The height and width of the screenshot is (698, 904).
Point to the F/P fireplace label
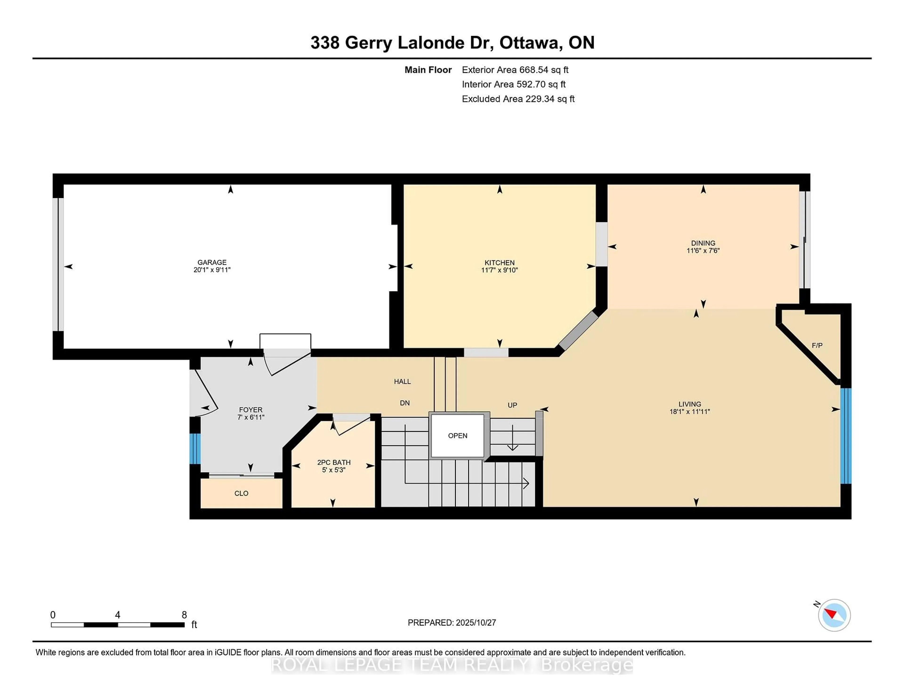pyautogui.click(x=817, y=345)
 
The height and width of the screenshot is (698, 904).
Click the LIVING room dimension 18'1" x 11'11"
pyautogui.click(x=690, y=412)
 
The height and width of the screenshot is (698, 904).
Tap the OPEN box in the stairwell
pyautogui.click(x=457, y=435)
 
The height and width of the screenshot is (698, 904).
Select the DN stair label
pyautogui.click(x=404, y=403)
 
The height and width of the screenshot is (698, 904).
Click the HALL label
pyautogui.click(x=402, y=381)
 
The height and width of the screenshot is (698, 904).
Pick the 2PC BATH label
pyautogui.click(x=334, y=462)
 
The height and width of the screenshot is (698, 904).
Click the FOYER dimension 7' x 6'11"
pyautogui.click(x=251, y=417)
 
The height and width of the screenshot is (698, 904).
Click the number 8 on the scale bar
pyautogui.click(x=184, y=615)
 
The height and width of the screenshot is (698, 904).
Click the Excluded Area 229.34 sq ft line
pyautogui.click(x=518, y=99)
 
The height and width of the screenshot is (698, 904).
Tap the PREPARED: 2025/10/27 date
pyautogui.click(x=452, y=622)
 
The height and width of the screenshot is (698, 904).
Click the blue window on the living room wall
pyautogui.click(x=846, y=435)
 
